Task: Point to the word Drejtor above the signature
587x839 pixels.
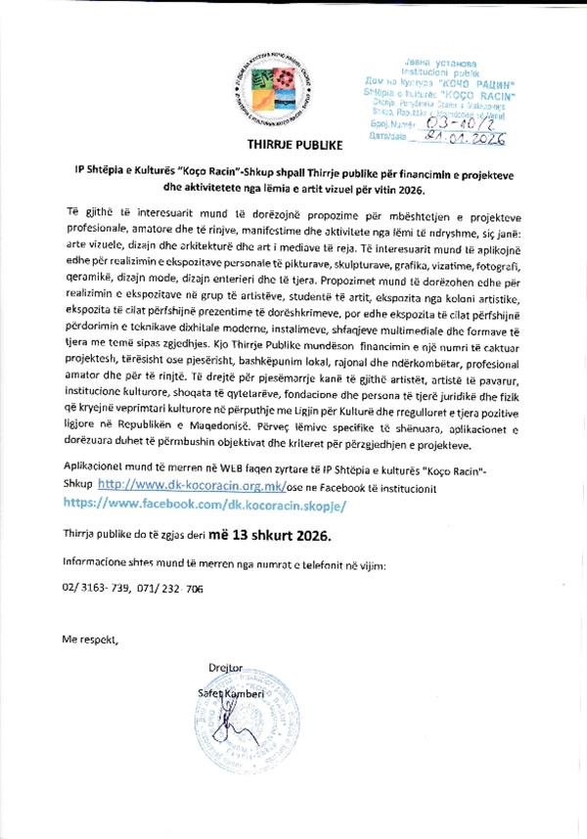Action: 225,669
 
